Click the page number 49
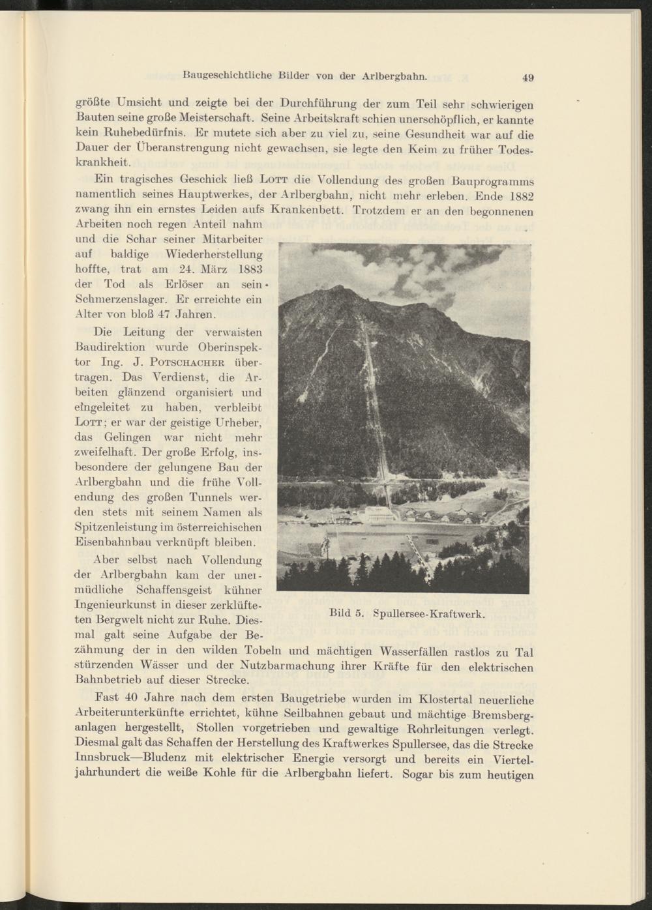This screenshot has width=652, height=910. point(528,78)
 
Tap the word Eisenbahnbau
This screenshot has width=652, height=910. point(116,541)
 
